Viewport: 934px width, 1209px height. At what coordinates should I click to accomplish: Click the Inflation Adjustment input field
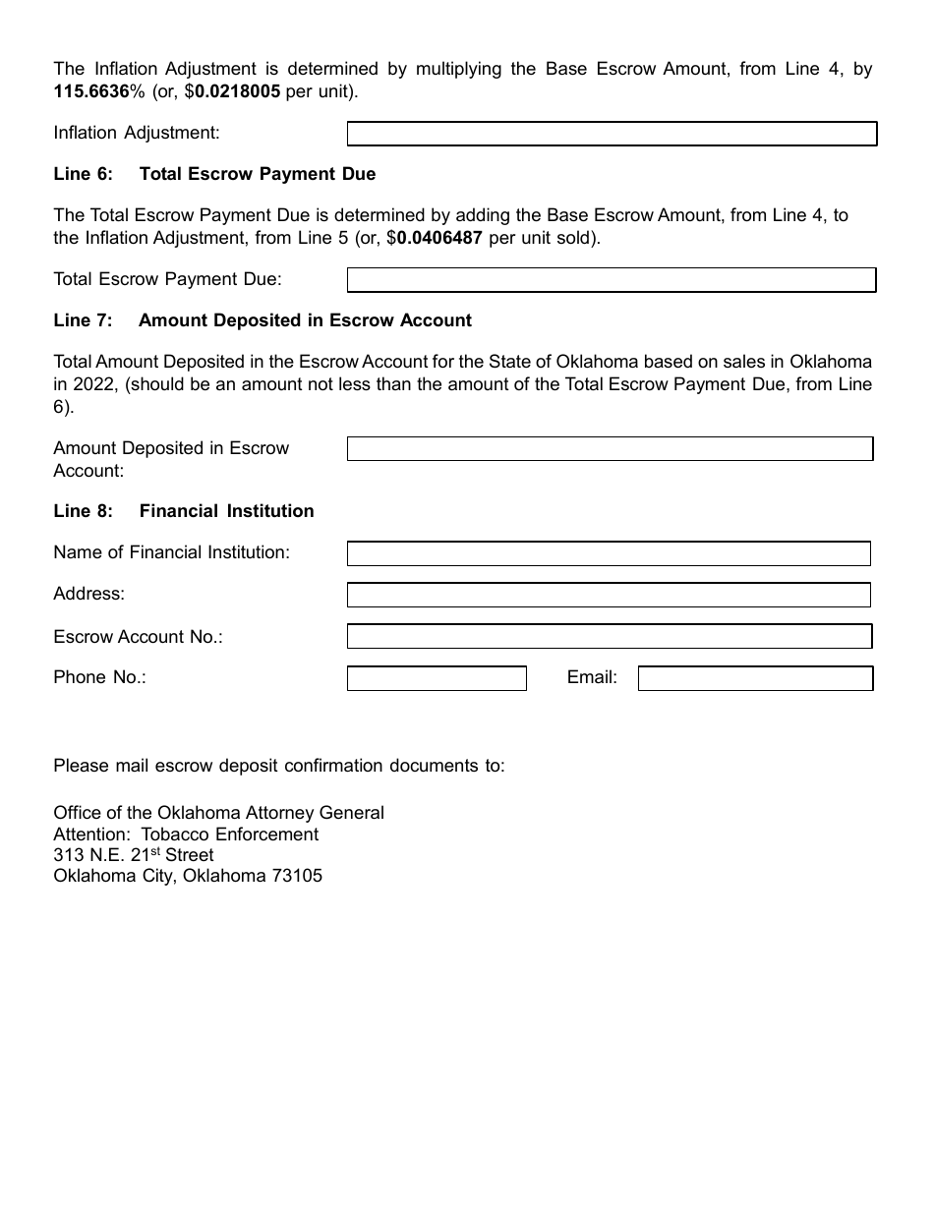pyautogui.click(x=612, y=134)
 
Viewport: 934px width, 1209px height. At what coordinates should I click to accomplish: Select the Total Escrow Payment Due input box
pyautogui.click(x=612, y=280)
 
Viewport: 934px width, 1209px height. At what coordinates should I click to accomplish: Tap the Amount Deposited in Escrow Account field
pyautogui.click(x=610, y=449)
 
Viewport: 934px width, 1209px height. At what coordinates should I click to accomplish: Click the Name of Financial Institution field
pyautogui.click(x=609, y=553)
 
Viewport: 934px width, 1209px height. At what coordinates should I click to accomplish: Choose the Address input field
pyautogui.click(x=609, y=595)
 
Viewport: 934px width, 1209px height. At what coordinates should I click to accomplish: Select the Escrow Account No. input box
pyautogui.click(x=610, y=637)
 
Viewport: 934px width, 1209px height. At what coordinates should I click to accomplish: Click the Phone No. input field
pyautogui.click(x=437, y=678)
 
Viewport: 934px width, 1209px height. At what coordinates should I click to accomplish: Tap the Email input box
pyautogui.click(x=755, y=678)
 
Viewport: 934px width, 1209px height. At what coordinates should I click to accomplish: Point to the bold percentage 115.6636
pyautogui.click(x=91, y=91)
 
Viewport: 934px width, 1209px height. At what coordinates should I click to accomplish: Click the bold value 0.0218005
pyautogui.click(x=237, y=91)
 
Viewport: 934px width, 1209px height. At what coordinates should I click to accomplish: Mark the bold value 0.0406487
pyautogui.click(x=439, y=237)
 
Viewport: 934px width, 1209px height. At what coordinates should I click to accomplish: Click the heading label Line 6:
pyautogui.click(x=83, y=174)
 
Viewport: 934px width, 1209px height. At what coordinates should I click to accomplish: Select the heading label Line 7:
pyautogui.click(x=83, y=320)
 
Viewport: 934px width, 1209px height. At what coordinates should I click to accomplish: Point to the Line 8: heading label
pyautogui.click(x=83, y=511)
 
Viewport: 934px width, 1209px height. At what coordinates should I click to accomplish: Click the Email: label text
pyautogui.click(x=592, y=677)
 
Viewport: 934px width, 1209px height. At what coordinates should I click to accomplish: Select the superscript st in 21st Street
pyautogui.click(x=154, y=851)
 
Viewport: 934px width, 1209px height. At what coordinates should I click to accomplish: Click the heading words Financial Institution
pyautogui.click(x=226, y=511)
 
